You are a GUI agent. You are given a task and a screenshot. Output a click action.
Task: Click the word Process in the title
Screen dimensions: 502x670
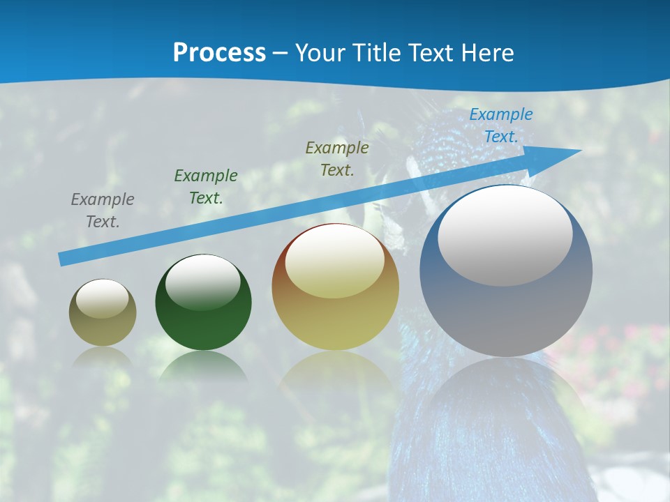tap(219, 52)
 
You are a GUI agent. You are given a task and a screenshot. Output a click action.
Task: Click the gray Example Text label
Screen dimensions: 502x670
tap(103, 211)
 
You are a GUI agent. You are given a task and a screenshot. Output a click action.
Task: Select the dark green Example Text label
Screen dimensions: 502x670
tap(206, 187)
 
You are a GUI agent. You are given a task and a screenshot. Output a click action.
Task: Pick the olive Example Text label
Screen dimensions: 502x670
tap(337, 158)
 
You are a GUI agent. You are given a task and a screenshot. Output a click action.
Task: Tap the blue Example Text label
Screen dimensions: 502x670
tap(501, 125)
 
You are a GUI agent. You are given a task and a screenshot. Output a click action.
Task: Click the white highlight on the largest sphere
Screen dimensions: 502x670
tap(505, 236)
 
